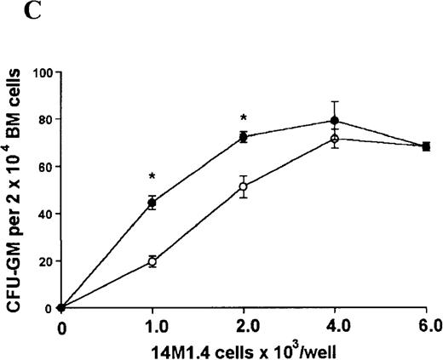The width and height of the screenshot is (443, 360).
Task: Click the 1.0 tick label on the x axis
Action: click(x=152, y=325)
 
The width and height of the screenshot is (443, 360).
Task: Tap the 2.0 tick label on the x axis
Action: click(x=243, y=325)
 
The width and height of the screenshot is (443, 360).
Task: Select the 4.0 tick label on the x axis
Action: click(x=335, y=325)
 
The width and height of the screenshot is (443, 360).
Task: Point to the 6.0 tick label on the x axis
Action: click(x=426, y=325)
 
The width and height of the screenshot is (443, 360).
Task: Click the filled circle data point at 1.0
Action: click(x=152, y=203)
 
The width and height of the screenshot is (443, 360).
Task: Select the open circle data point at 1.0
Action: click(x=152, y=261)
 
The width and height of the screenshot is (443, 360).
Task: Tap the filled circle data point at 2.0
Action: click(x=243, y=137)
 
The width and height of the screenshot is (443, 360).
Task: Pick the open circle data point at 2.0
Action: click(x=243, y=186)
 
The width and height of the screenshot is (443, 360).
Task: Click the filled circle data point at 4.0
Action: click(x=335, y=121)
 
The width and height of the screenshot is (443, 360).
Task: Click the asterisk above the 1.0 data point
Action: click(x=152, y=176)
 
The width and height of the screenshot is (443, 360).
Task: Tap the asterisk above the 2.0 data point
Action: click(x=243, y=117)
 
